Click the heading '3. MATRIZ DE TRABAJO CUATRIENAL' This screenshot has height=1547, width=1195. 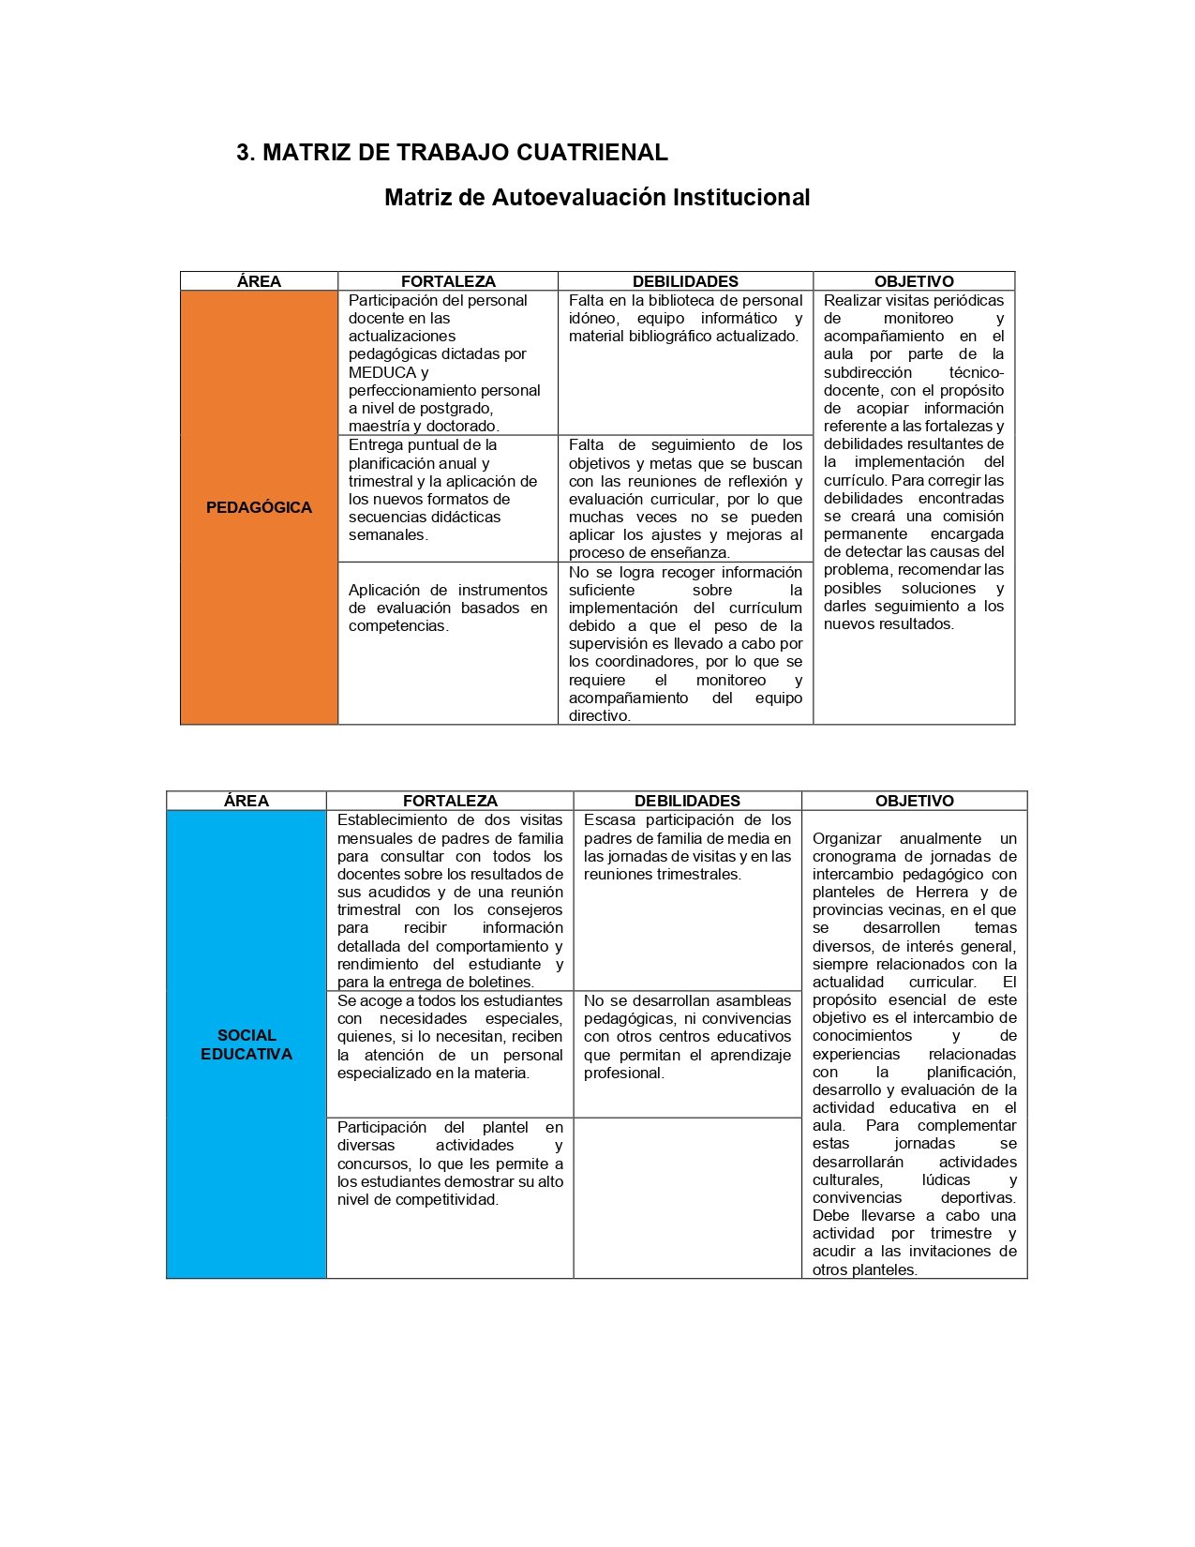pyautogui.click(x=452, y=152)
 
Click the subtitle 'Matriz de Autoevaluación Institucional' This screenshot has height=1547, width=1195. pyautogui.click(x=597, y=197)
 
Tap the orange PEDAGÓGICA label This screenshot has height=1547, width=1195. pyautogui.click(x=259, y=507)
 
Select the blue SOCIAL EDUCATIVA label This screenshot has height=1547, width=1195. pyautogui.click(x=246, y=1044)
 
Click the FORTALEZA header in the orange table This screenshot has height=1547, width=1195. pyautogui.click(x=448, y=281)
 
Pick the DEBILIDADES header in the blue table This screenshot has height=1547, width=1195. pyautogui.click(x=687, y=801)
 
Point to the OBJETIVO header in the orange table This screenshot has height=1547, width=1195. pyautogui.click(x=914, y=281)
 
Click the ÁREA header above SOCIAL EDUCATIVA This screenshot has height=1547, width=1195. pyautogui.click(x=246, y=801)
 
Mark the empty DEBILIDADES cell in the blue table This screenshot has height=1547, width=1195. pyautogui.click(x=687, y=1197)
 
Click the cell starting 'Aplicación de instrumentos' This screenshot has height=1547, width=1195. pyautogui.click(x=448, y=608)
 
